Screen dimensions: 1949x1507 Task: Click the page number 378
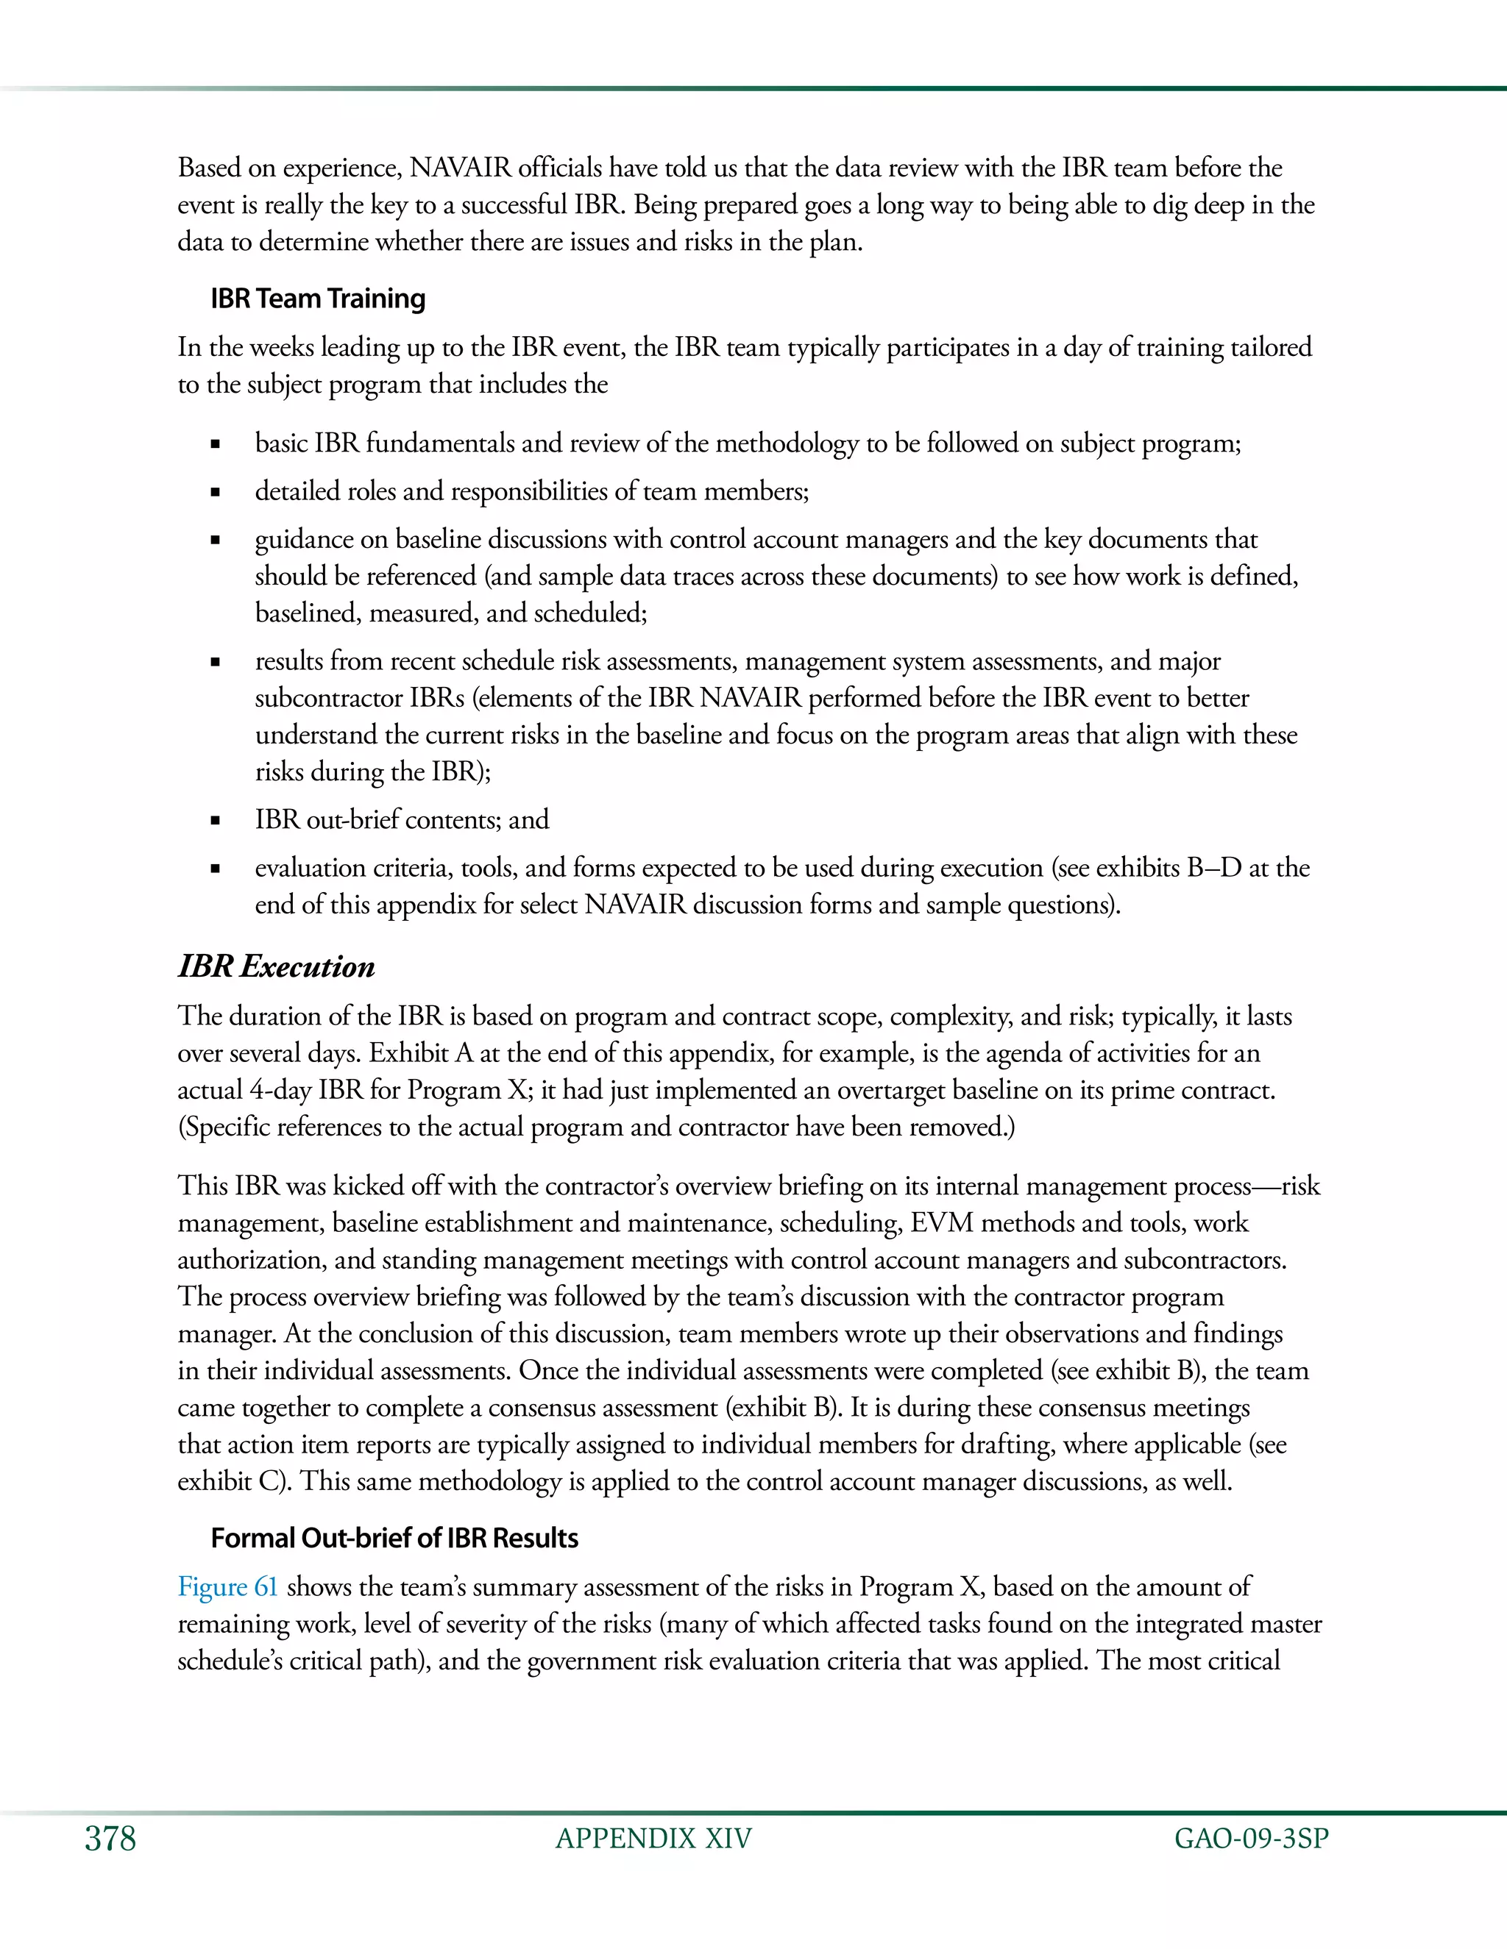pos(110,1839)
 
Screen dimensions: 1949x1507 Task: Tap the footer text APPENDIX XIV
pos(653,1839)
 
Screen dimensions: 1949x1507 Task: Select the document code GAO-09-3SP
pos(1251,1839)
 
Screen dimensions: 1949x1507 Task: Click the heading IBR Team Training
pos(318,298)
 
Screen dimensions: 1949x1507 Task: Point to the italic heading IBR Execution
pos(277,966)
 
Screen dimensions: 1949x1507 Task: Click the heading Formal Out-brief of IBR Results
pos(394,1538)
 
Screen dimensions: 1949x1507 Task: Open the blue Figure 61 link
pos(227,1586)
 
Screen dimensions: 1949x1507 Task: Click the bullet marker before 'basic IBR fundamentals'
pos(215,443)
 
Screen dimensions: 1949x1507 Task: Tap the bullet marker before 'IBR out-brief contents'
pos(215,820)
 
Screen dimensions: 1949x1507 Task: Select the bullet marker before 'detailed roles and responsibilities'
pos(215,492)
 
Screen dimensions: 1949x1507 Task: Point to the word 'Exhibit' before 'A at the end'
pos(408,1053)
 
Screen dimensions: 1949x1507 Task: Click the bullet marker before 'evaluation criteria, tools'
pos(215,869)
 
